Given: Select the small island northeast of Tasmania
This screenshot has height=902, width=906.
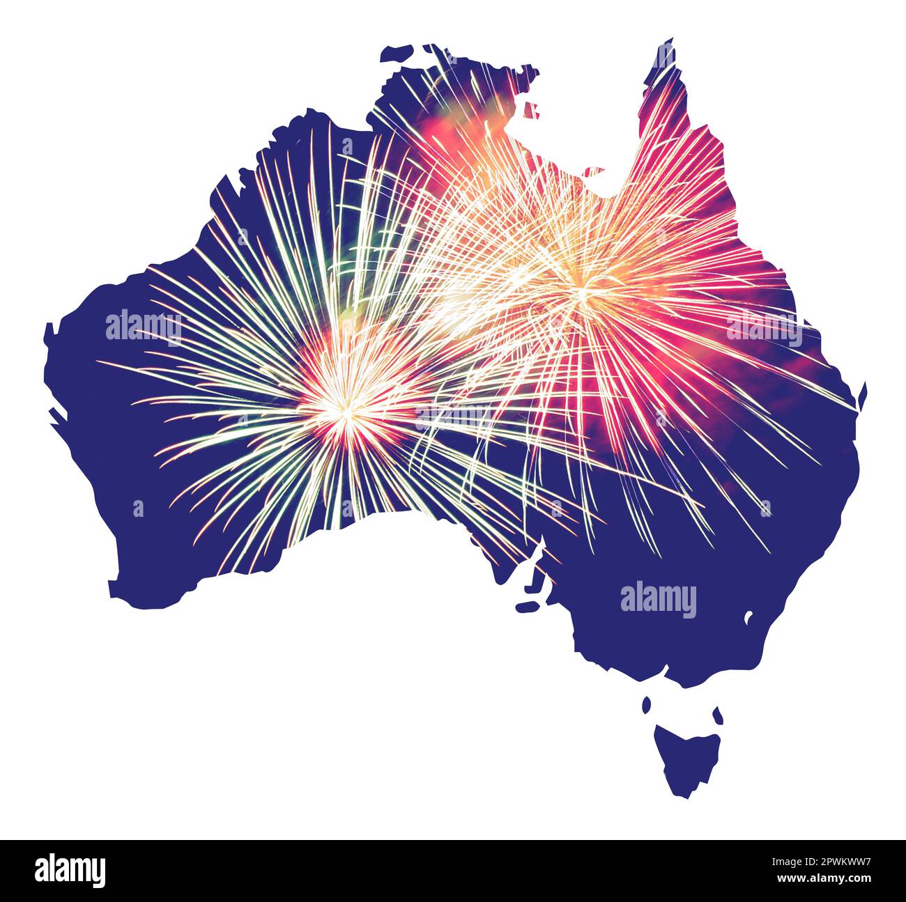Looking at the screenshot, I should (x=716, y=714).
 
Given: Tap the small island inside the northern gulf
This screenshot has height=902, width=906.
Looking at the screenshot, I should (x=531, y=110).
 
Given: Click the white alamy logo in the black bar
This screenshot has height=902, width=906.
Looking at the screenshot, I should (x=70, y=871).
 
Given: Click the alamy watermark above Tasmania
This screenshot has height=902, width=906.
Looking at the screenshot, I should (x=658, y=600).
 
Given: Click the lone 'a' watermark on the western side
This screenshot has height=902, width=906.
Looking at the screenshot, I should (x=138, y=508).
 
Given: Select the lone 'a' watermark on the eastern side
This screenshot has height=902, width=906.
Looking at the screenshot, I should (x=765, y=508).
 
